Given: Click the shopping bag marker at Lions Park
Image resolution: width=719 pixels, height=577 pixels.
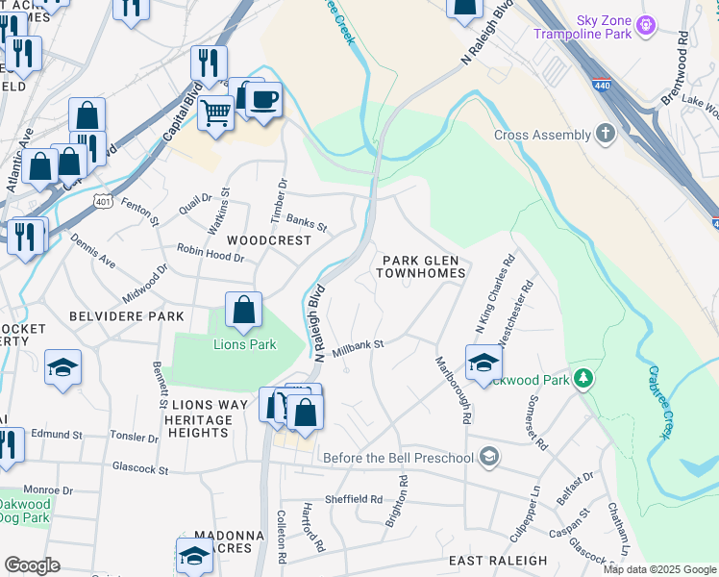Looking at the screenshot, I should tap(244, 310).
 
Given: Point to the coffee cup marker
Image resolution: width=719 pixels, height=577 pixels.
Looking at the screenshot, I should tap(263, 98).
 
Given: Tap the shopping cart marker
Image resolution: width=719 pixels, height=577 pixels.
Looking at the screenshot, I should tap(216, 113).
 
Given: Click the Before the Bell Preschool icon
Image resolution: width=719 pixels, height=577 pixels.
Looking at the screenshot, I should tap(489, 456).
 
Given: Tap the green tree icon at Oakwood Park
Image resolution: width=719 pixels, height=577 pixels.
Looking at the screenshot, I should tap(583, 379).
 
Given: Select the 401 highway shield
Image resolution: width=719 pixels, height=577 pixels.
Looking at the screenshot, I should tap(105, 199).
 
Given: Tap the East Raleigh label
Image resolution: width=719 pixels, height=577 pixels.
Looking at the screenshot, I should tap(497, 560).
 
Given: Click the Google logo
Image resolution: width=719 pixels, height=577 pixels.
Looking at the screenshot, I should tap(32, 565).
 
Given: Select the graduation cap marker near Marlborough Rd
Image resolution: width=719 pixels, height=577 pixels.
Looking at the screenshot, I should tap(483, 363).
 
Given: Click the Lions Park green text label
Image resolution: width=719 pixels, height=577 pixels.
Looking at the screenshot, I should tap(244, 344).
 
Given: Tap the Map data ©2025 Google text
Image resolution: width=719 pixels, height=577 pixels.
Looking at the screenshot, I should tap(659, 569).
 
